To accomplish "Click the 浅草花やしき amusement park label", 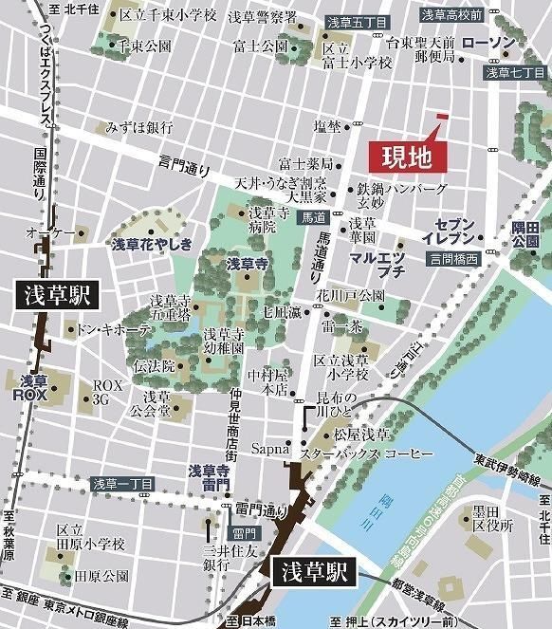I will pos(152,245).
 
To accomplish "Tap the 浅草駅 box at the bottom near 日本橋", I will pos(311,572).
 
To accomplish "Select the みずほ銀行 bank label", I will pos(139,127).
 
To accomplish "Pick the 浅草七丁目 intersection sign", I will pos(516,72).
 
